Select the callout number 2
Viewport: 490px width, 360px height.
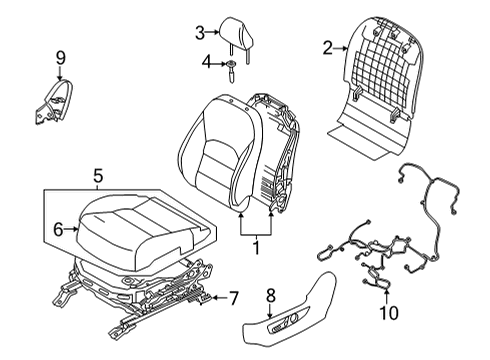click(327, 45)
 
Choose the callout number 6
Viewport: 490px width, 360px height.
click(57, 229)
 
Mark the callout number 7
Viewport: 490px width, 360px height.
click(233, 297)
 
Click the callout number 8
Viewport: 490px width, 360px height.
click(271, 295)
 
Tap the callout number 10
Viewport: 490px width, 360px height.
click(390, 313)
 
